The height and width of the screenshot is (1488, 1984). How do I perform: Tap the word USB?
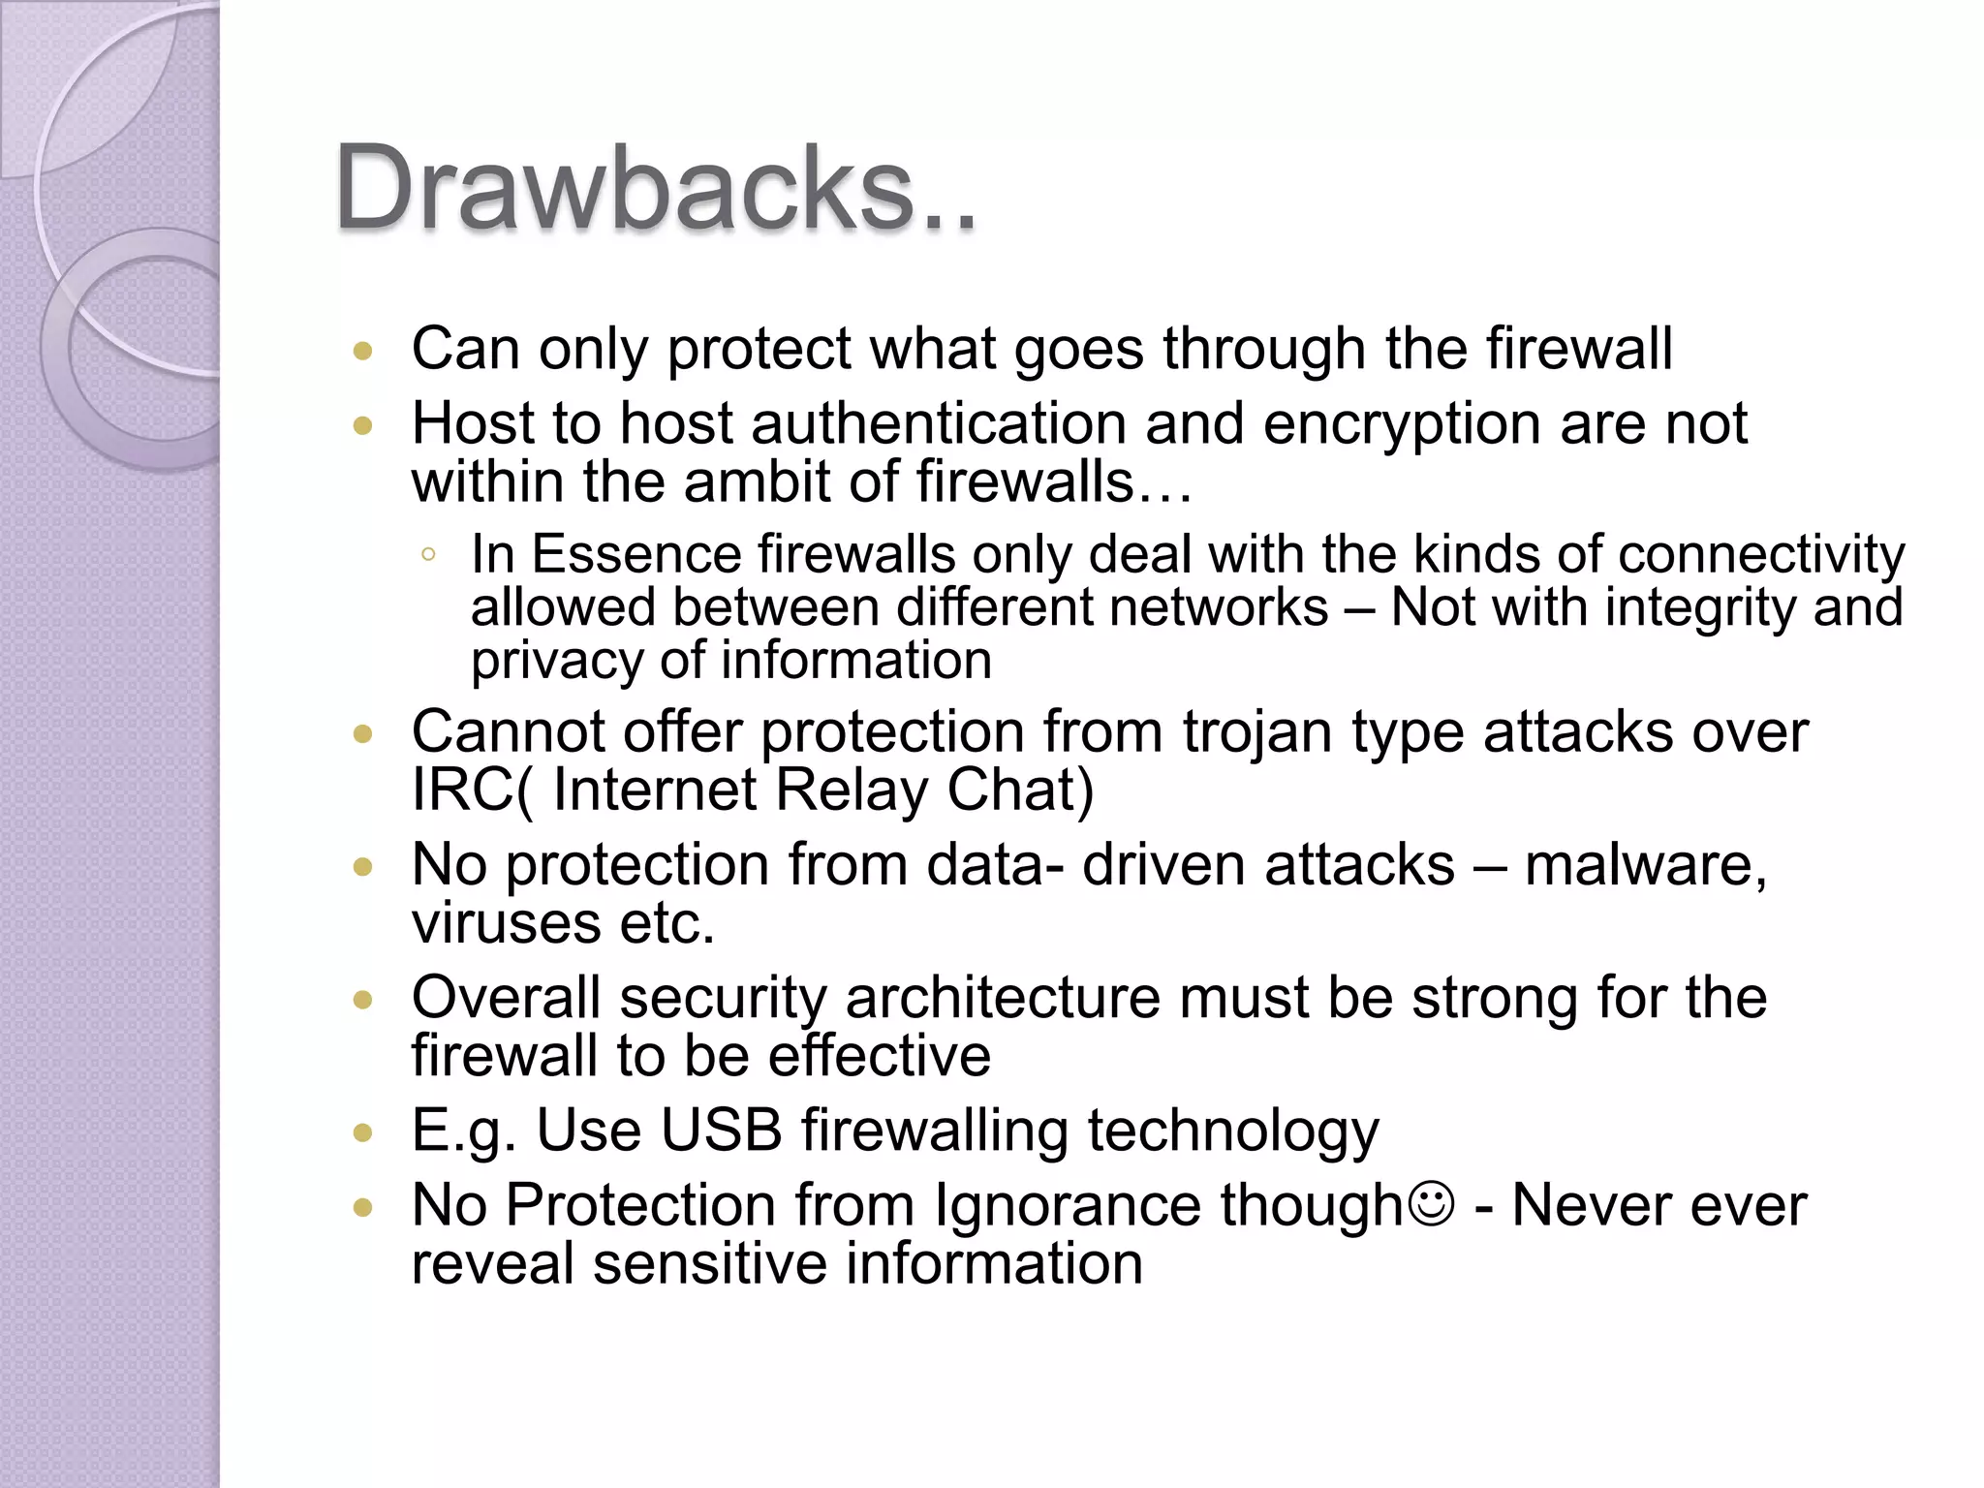(721, 1130)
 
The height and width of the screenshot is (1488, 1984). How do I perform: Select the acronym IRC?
(462, 789)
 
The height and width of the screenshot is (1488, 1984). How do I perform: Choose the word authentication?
(938, 423)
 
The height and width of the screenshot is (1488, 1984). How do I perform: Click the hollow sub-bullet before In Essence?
(428, 555)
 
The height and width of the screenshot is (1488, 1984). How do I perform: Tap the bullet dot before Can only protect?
(363, 351)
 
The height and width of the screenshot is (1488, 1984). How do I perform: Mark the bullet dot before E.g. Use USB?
(363, 1131)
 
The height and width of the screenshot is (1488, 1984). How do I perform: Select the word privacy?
(555, 661)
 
